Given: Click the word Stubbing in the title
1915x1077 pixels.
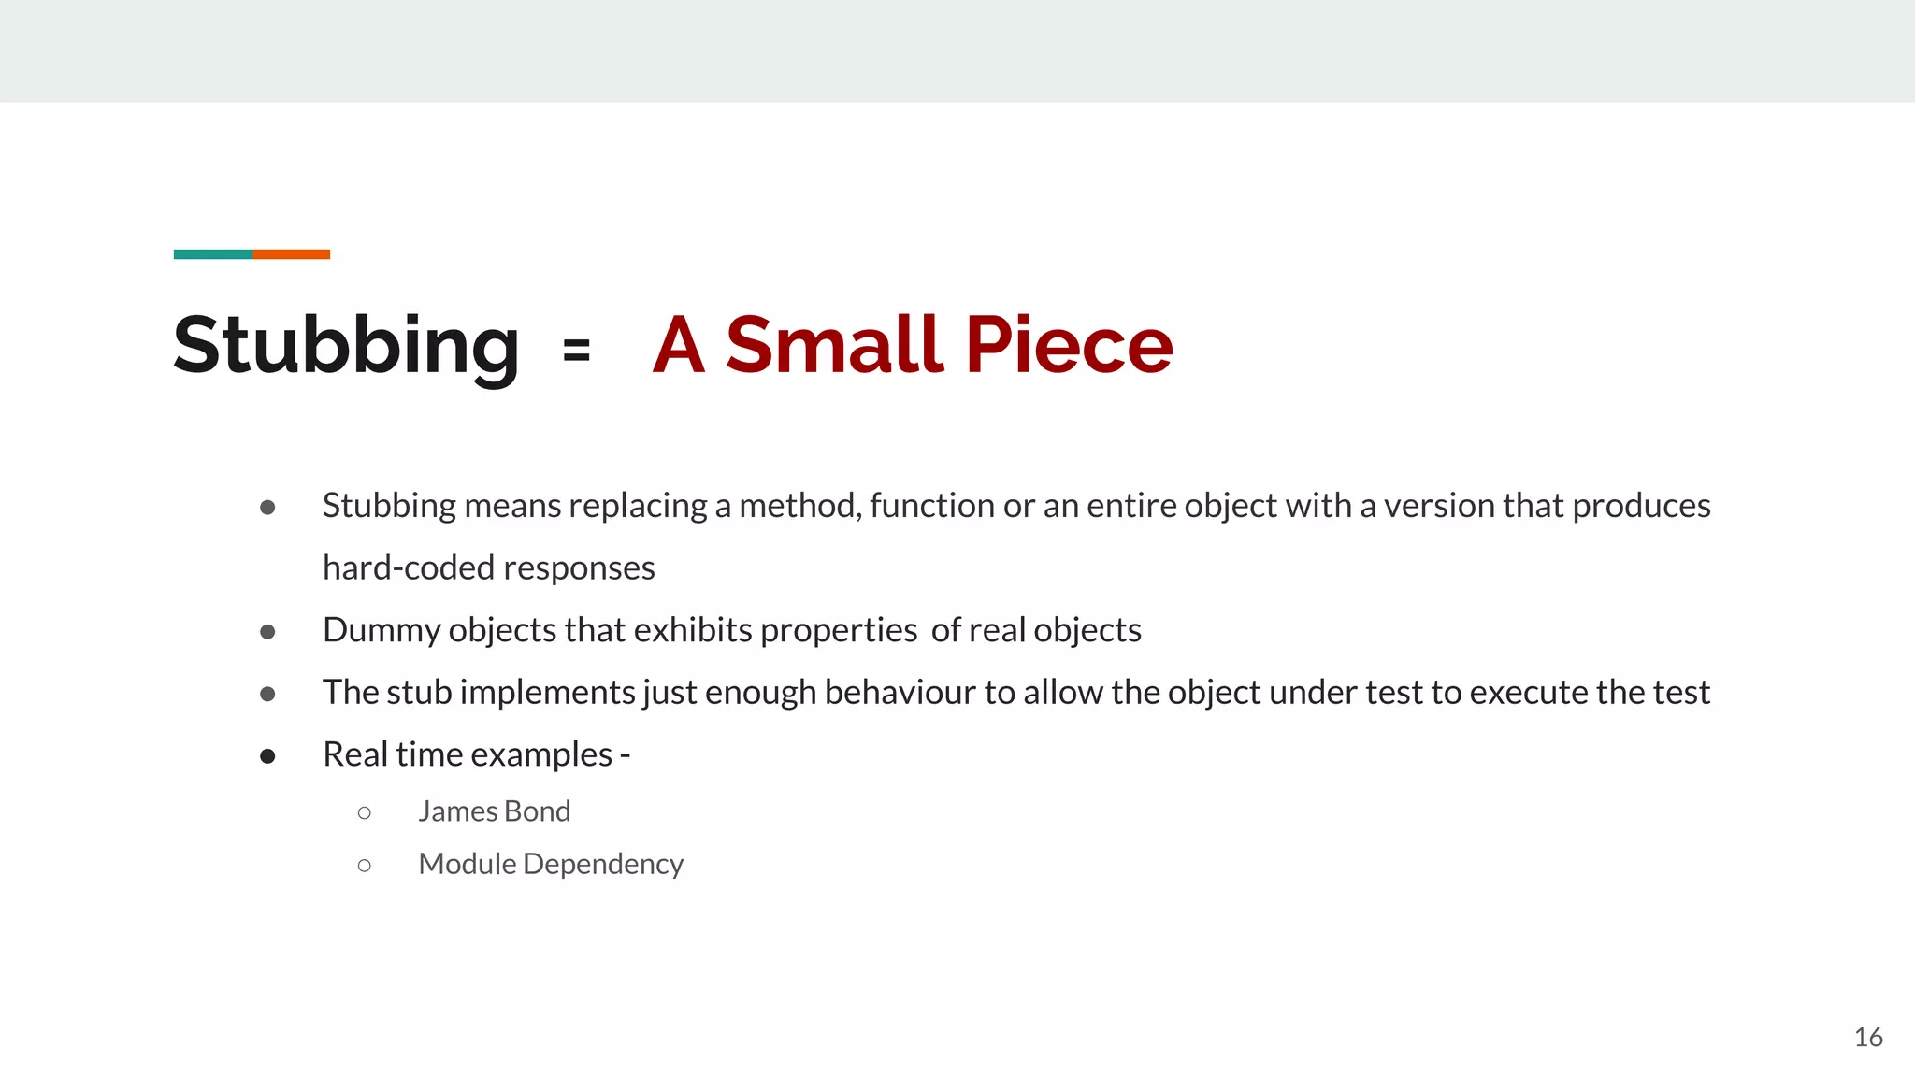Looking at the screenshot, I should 346,346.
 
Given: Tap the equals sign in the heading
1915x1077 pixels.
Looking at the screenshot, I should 577,351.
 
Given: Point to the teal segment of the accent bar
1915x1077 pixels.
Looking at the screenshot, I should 212,254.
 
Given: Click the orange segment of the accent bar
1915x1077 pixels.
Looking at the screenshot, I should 291,254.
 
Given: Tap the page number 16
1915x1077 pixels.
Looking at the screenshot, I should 1867,1037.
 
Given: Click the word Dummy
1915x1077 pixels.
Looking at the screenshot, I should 381,630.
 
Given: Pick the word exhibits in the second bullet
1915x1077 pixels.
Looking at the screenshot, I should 693,630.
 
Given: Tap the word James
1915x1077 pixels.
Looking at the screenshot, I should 457,811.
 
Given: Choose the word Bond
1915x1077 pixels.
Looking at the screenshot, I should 537,811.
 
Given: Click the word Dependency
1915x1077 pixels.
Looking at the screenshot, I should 603,865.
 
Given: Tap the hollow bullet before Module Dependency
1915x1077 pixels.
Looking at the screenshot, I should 365,866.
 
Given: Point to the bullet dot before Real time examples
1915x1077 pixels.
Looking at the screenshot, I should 267,756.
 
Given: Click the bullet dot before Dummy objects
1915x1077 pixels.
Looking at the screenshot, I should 267,632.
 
